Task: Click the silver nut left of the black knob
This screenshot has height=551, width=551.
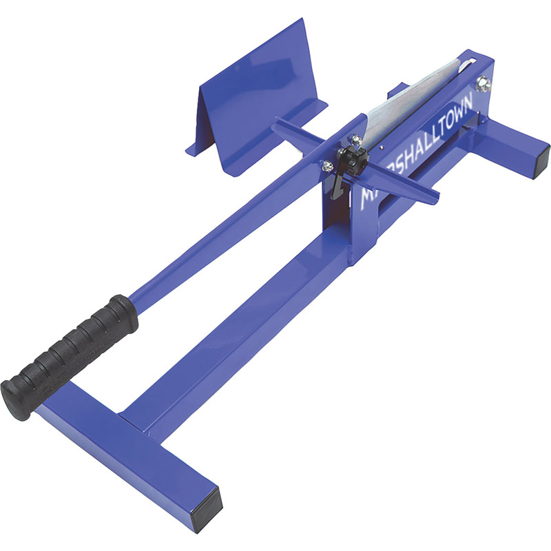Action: (x=328, y=165)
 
